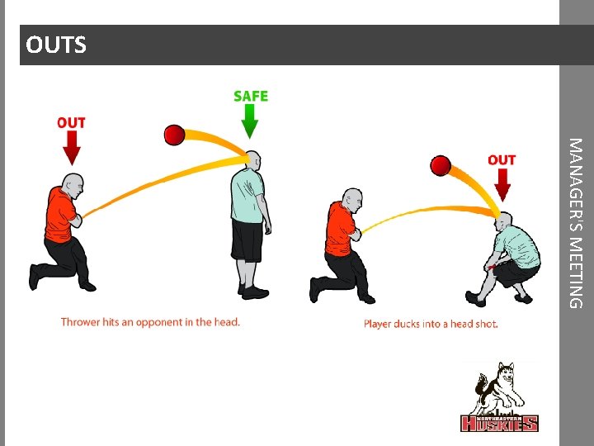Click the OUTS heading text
55,45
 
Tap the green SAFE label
251,96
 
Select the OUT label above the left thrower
71,123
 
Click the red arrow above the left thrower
72,149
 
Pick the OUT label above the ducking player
502,160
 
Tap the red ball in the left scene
174,135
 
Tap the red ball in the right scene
440,165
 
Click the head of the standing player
252,161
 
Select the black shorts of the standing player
247,240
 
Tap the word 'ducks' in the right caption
407,324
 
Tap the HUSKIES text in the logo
499,424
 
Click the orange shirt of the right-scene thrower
339,227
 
